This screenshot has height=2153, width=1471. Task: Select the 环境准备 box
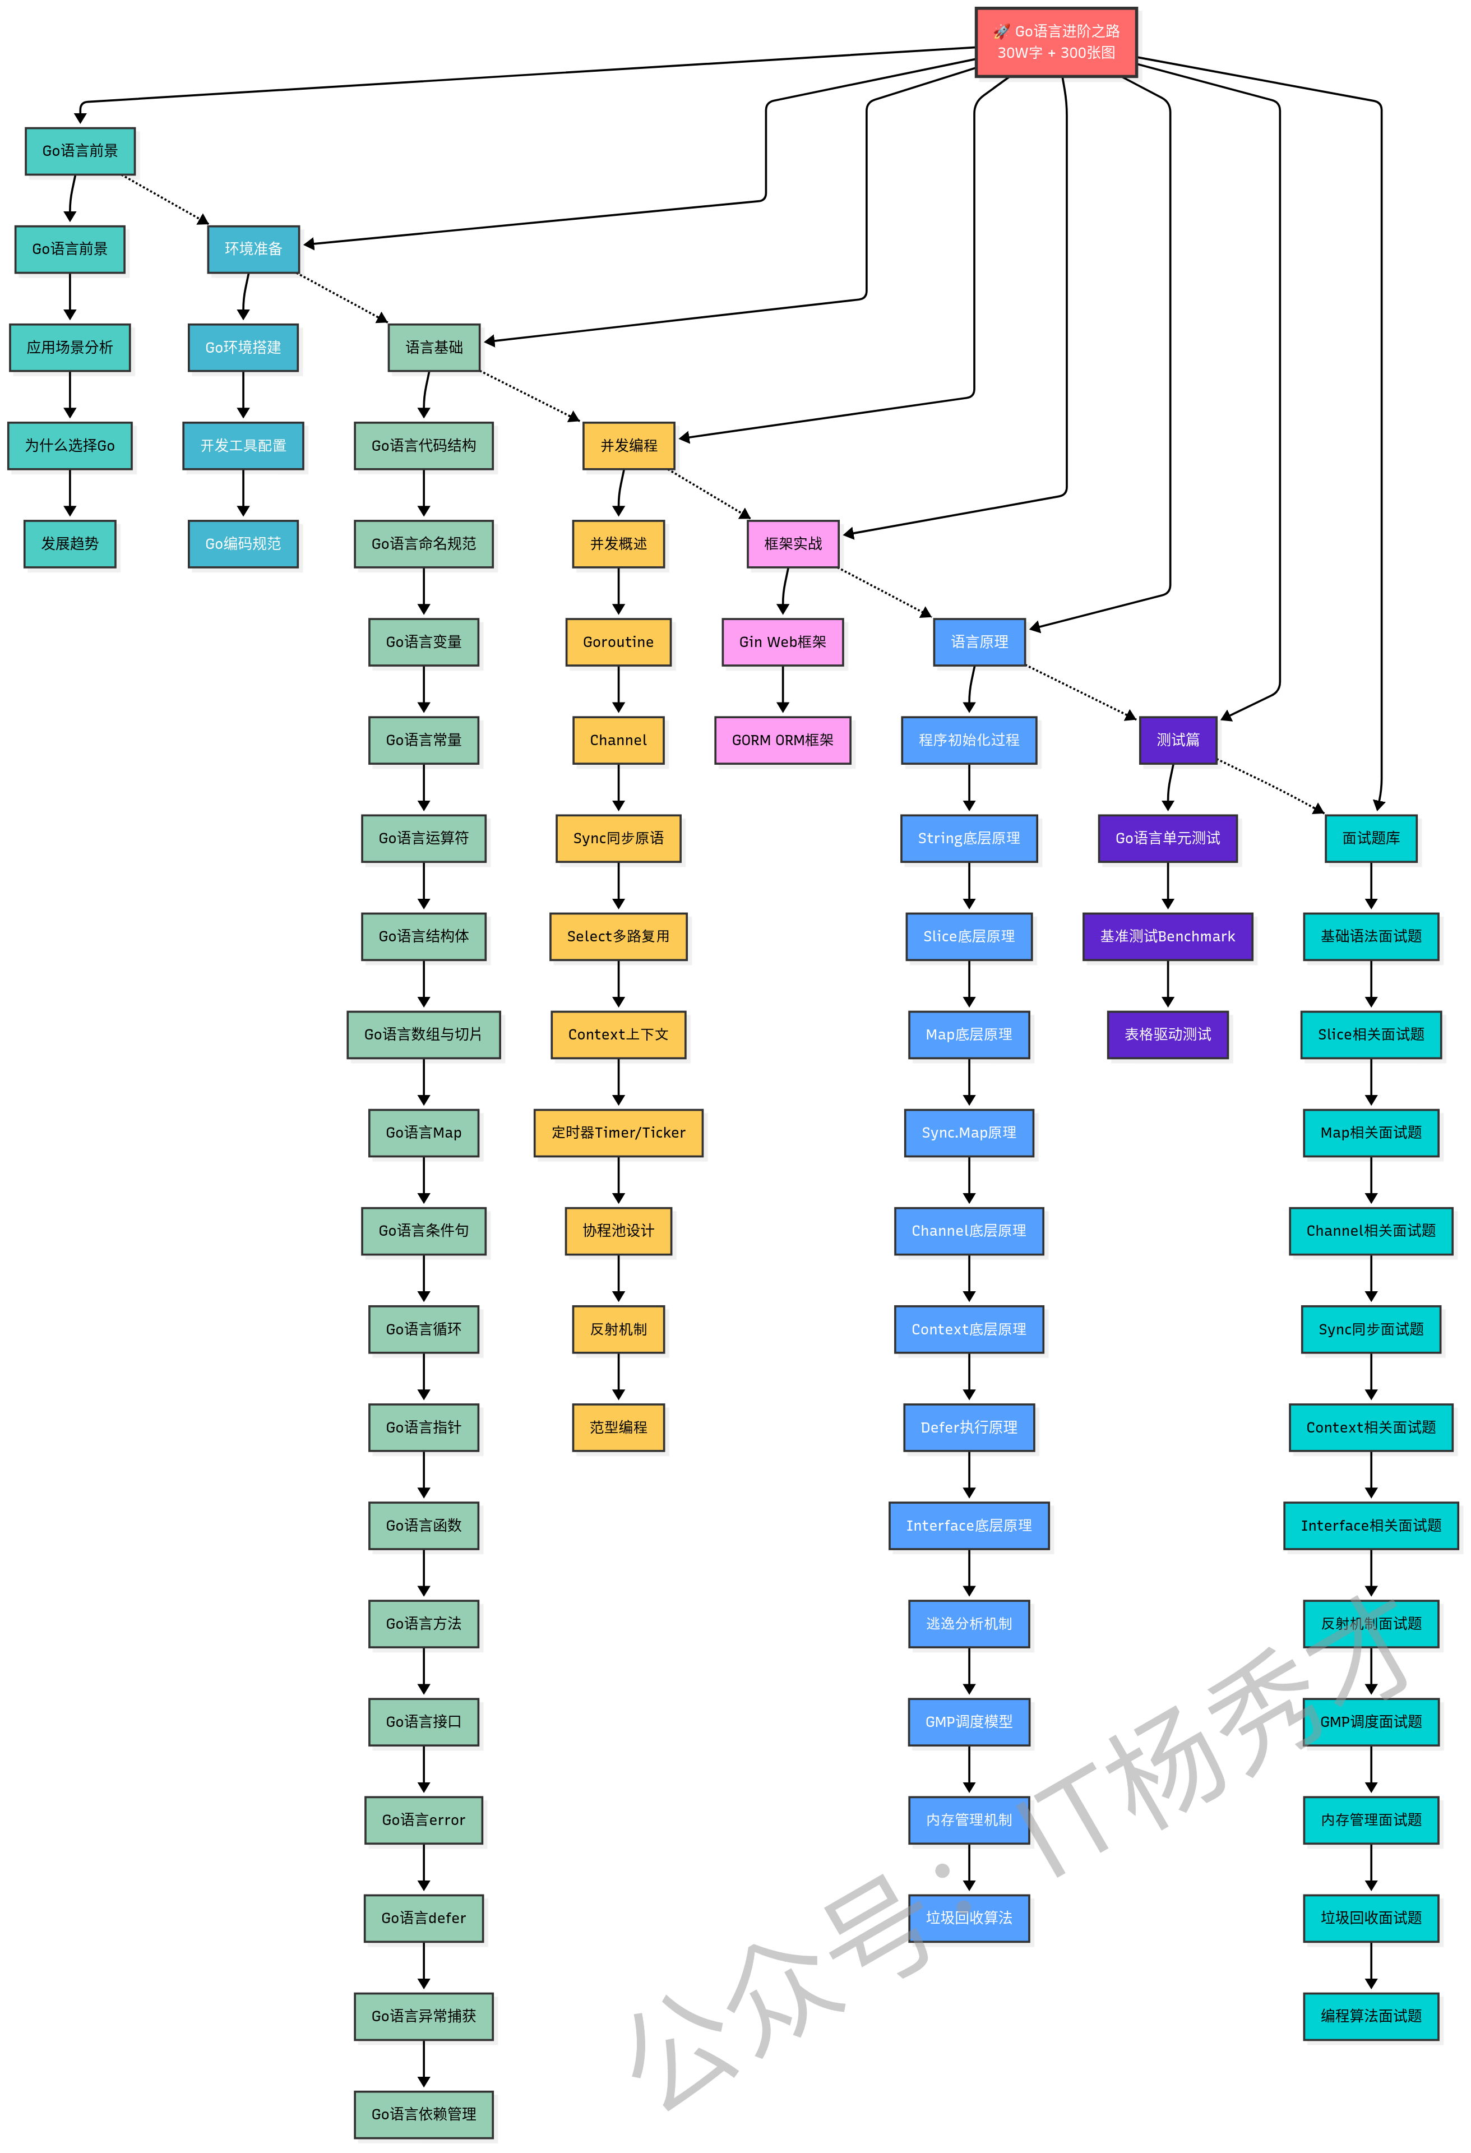(x=253, y=249)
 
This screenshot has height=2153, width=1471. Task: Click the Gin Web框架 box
(x=782, y=642)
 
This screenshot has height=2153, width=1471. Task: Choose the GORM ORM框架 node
(x=782, y=740)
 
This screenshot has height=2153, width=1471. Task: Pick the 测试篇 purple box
(x=1177, y=740)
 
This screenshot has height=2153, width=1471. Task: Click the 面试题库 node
(x=1371, y=838)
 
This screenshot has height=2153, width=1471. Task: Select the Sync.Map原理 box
(x=968, y=1133)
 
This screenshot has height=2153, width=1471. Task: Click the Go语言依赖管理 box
(x=423, y=2114)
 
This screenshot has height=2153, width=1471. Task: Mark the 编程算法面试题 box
(x=1371, y=2016)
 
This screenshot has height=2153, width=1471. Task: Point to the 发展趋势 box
(x=70, y=544)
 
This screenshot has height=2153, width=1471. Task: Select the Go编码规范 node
(x=243, y=544)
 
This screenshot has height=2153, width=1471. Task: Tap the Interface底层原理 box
(x=968, y=1526)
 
